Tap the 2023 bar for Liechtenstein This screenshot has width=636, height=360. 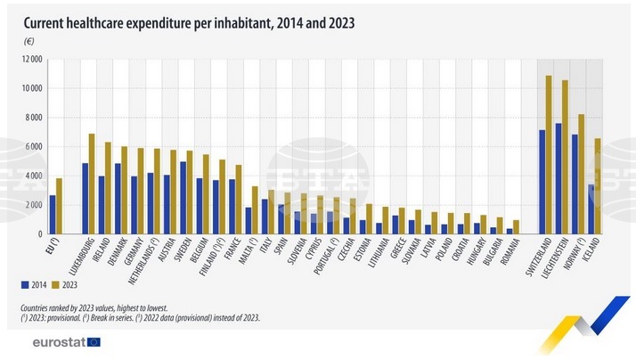tap(565, 157)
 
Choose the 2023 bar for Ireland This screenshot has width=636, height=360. tap(108, 187)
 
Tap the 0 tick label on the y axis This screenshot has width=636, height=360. tap(40, 233)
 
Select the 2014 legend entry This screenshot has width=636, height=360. tap(33, 286)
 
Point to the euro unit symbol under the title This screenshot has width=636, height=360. tap(29, 42)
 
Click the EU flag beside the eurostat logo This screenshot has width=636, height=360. tap(94, 341)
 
